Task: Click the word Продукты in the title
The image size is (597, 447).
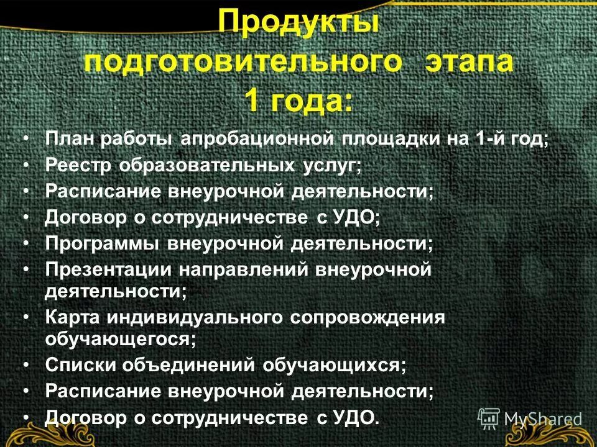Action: [x=299, y=25]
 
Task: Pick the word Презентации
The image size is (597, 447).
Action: [x=108, y=270]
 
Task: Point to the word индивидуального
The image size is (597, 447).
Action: [x=193, y=318]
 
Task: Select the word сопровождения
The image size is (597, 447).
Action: [x=368, y=318]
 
